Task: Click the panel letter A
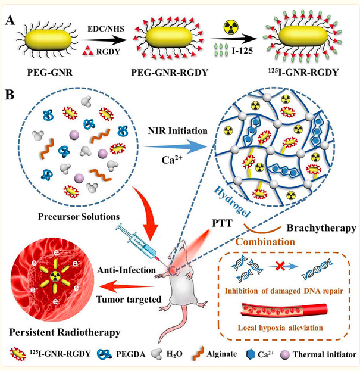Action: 10,20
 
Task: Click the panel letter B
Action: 10,95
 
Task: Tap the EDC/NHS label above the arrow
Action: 106,29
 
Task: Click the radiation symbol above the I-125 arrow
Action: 231,26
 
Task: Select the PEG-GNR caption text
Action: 50,73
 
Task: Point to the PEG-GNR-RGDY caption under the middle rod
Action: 170,73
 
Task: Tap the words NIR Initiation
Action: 178,131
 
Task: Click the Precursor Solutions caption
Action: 79,217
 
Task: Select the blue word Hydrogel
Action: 232,202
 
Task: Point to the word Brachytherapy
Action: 321,228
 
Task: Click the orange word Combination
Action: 265,242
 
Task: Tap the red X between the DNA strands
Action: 280,267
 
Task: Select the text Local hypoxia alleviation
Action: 280,328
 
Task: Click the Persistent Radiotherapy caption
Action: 65,332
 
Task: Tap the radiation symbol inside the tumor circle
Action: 55,276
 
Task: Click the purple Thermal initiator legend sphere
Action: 284,354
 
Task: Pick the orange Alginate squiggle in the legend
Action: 199,354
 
